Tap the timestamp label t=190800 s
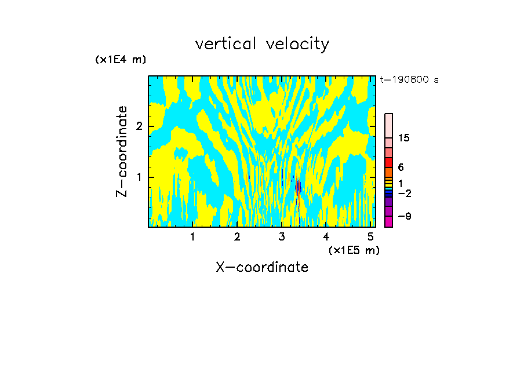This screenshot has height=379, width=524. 409,80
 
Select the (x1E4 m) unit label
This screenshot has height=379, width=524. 121,60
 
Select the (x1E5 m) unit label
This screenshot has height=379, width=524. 354,250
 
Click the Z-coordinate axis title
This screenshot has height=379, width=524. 122,151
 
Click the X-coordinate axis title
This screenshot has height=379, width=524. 262,267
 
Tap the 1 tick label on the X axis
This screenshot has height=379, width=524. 192,236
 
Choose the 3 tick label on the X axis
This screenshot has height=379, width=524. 282,236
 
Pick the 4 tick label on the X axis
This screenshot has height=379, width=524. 326,236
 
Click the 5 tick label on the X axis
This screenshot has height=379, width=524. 370,236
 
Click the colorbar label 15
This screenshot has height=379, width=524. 404,138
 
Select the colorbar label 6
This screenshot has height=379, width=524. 401,167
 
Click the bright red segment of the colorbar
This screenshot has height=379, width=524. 389,162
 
